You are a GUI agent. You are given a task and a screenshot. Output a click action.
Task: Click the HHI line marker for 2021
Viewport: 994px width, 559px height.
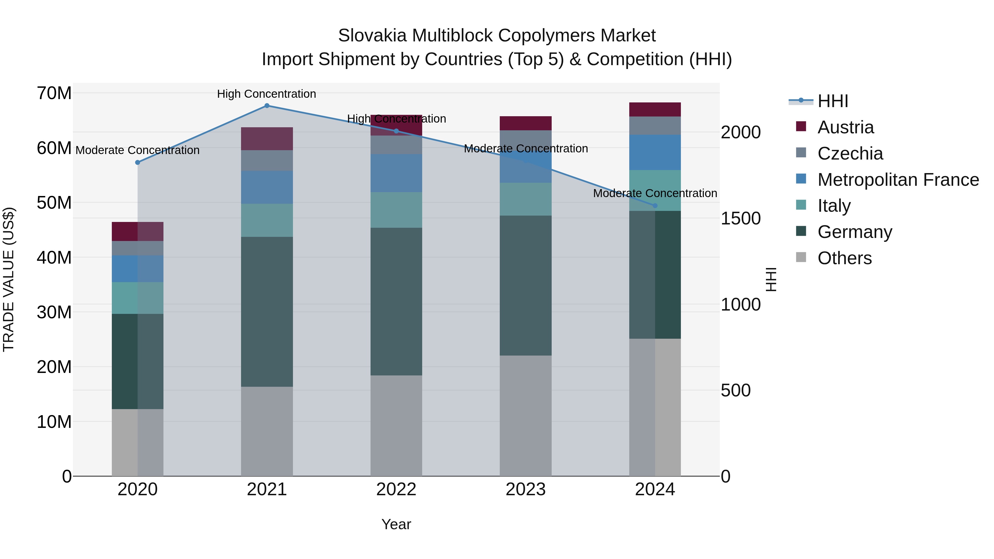[x=267, y=106]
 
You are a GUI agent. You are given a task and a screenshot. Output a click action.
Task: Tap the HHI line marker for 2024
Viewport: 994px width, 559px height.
[x=655, y=206]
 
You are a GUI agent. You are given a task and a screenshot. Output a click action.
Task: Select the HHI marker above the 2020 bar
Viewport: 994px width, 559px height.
[x=138, y=162]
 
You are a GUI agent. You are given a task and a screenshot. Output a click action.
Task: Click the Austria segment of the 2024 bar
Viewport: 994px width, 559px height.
[x=655, y=110]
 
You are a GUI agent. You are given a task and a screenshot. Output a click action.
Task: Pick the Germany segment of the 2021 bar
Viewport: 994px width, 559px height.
[x=267, y=311]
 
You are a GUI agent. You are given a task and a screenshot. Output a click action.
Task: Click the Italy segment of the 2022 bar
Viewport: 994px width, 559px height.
[x=396, y=210]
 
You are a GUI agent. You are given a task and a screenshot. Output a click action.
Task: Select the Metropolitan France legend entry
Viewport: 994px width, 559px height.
[x=898, y=180]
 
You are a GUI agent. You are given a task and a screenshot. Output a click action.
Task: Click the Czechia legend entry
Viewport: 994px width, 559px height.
[x=850, y=153]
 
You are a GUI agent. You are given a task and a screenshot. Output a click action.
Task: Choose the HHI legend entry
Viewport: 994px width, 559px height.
[x=833, y=101]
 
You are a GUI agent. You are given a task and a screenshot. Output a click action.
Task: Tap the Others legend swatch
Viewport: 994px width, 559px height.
[x=801, y=257]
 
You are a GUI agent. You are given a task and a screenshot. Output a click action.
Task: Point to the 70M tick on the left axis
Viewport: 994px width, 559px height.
[x=54, y=93]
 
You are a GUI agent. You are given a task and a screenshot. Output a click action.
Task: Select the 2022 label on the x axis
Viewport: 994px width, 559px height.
[x=396, y=489]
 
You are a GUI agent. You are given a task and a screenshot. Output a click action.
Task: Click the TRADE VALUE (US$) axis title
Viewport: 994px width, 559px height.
[x=9, y=279]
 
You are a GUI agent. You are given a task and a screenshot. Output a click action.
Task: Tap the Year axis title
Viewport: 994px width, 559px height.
[x=396, y=524]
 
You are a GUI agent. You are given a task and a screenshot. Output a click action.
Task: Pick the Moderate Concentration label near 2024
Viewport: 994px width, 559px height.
[x=655, y=193]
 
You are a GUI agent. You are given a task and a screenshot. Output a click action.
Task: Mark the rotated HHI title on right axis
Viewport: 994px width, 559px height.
[x=771, y=279]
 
